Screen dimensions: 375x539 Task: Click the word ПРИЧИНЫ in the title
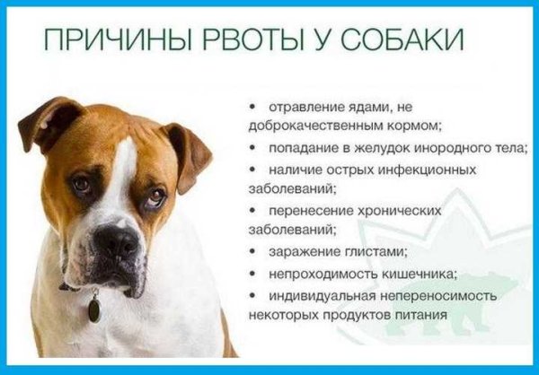point(100,42)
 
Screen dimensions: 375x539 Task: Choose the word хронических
point(405,211)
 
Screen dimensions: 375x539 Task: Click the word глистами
point(378,252)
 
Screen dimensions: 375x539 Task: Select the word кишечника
point(412,274)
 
